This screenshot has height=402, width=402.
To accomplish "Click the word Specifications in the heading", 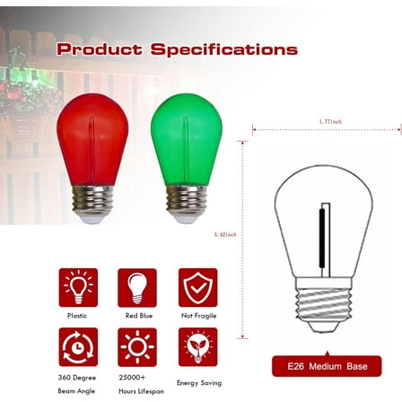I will click(x=223, y=49).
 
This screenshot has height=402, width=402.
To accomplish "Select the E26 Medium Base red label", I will click(x=326, y=366).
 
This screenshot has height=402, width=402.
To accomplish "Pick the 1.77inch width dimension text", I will click(x=329, y=121).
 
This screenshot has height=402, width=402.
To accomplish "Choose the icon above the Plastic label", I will click(x=78, y=287).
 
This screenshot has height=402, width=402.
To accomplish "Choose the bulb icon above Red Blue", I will click(x=137, y=287).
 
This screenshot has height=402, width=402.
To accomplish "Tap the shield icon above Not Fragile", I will click(x=197, y=287).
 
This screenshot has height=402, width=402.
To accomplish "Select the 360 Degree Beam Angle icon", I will click(x=78, y=347).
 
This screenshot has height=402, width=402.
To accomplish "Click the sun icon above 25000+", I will click(x=137, y=347).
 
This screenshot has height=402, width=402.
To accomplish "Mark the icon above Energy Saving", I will click(x=197, y=347).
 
